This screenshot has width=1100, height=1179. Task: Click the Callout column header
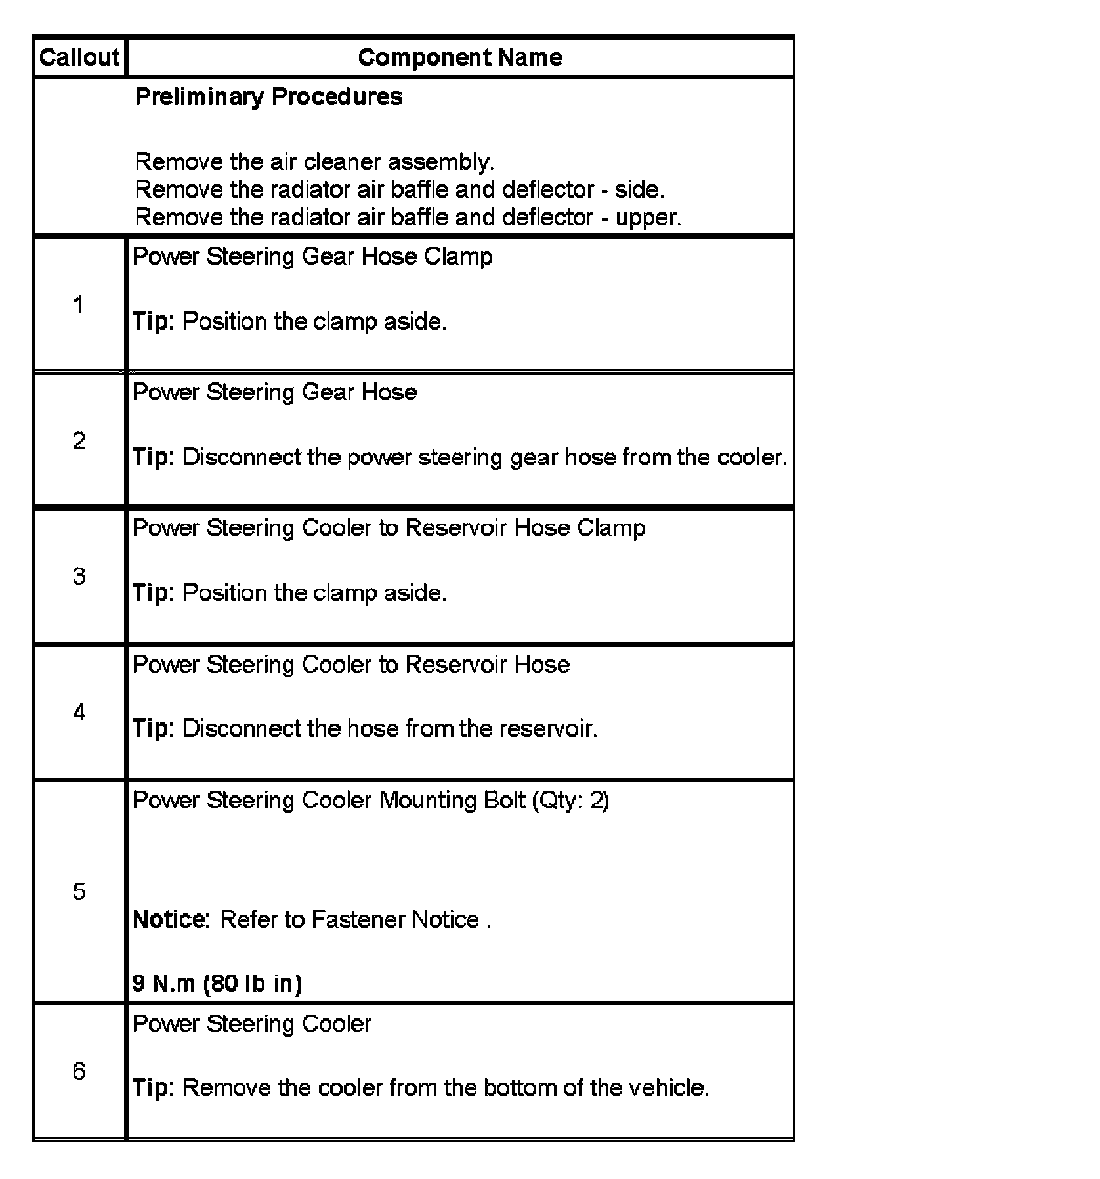[79, 57]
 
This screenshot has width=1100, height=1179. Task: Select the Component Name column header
[459, 57]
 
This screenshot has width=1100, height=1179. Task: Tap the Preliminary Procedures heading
[268, 96]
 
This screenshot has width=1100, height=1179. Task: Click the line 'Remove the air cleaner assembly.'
[314, 161]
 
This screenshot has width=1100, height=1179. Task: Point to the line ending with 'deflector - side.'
[399, 189]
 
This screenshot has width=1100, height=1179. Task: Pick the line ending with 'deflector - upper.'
[408, 217]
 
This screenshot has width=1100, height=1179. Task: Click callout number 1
[78, 305]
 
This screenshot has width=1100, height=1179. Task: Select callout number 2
[78, 440]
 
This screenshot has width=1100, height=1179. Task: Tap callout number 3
[78, 576]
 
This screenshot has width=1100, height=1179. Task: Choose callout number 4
[78, 712]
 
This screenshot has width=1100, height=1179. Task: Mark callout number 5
[78, 891]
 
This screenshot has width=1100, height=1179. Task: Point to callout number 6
[78, 1071]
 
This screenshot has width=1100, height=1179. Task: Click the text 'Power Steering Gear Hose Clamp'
[312, 256]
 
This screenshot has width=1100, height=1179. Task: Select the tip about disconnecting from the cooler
[459, 457]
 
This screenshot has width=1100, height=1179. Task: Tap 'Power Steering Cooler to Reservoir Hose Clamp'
[389, 527]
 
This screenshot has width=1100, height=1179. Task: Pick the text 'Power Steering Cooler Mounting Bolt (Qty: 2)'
[370, 800]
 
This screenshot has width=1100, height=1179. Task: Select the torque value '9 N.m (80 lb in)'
[217, 983]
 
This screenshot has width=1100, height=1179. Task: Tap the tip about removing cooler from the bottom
[420, 1087]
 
